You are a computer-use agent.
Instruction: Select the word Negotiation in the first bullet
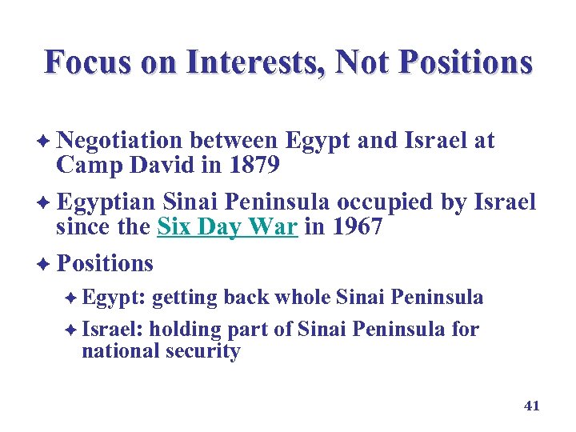(x=120, y=141)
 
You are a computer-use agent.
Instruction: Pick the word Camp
(x=83, y=166)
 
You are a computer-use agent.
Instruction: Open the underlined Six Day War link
(x=227, y=227)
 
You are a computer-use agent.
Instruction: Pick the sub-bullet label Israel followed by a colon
(x=111, y=329)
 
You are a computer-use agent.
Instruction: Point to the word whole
(x=303, y=298)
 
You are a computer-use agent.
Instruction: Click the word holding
(x=185, y=329)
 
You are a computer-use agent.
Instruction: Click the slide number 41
(x=532, y=406)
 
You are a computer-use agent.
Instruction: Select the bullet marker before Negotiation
(x=46, y=142)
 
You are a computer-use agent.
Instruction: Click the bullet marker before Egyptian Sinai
(x=46, y=203)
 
